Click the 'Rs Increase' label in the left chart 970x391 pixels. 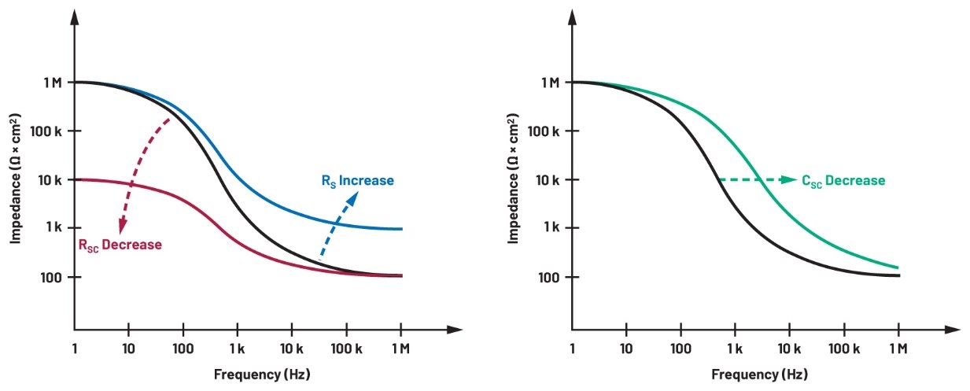click(356, 181)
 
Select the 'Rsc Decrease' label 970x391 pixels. click(119, 245)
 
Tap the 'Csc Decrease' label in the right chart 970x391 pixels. click(843, 181)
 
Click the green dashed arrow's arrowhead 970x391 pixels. click(789, 180)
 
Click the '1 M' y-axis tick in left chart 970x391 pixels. click(52, 83)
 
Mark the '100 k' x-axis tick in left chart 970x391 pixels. click(346, 347)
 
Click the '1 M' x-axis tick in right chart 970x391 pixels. click(898, 347)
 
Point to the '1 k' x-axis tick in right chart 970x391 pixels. click(735, 347)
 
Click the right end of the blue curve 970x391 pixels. click(402, 229)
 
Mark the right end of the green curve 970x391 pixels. click(898, 267)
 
